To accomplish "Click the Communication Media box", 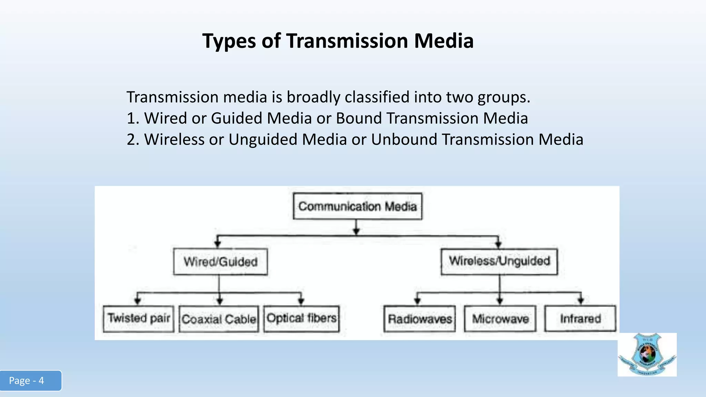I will [357, 206].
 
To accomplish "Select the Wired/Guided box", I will [220, 262].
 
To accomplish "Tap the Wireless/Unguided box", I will [499, 261].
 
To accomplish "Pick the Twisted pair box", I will [139, 318].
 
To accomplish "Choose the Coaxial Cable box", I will [219, 319].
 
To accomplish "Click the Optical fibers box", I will [302, 318].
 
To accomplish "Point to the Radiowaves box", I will [420, 319].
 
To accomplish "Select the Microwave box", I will [500, 319].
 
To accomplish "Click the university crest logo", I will [647, 355].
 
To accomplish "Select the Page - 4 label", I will [27, 380].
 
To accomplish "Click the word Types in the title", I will [229, 41].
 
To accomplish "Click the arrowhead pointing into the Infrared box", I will [581, 301].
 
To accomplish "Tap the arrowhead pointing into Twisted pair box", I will [138, 301].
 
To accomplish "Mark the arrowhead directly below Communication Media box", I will [357, 231].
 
